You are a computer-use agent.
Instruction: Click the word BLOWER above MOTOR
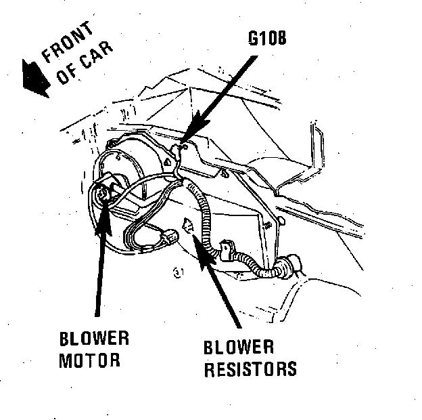click(x=94, y=339)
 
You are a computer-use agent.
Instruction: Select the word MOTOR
click(x=89, y=360)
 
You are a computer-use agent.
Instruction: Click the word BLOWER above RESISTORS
click(x=239, y=348)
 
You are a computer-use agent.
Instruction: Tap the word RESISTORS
click(x=250, y=369)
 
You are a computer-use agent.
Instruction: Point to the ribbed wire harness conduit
click(x=206, y=210)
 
